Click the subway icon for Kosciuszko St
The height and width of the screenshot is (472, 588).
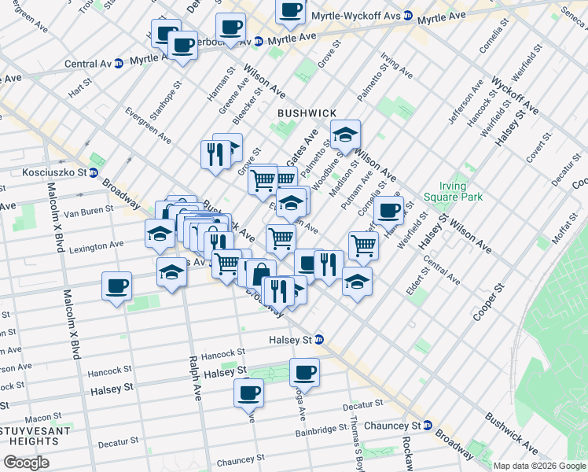point(93,173)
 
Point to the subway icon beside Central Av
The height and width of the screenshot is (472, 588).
point(119,64)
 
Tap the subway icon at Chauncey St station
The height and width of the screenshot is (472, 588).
point(428,426)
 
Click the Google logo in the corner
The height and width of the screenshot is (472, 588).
point(27,463)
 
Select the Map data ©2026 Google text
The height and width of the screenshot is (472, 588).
point(538,466)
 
